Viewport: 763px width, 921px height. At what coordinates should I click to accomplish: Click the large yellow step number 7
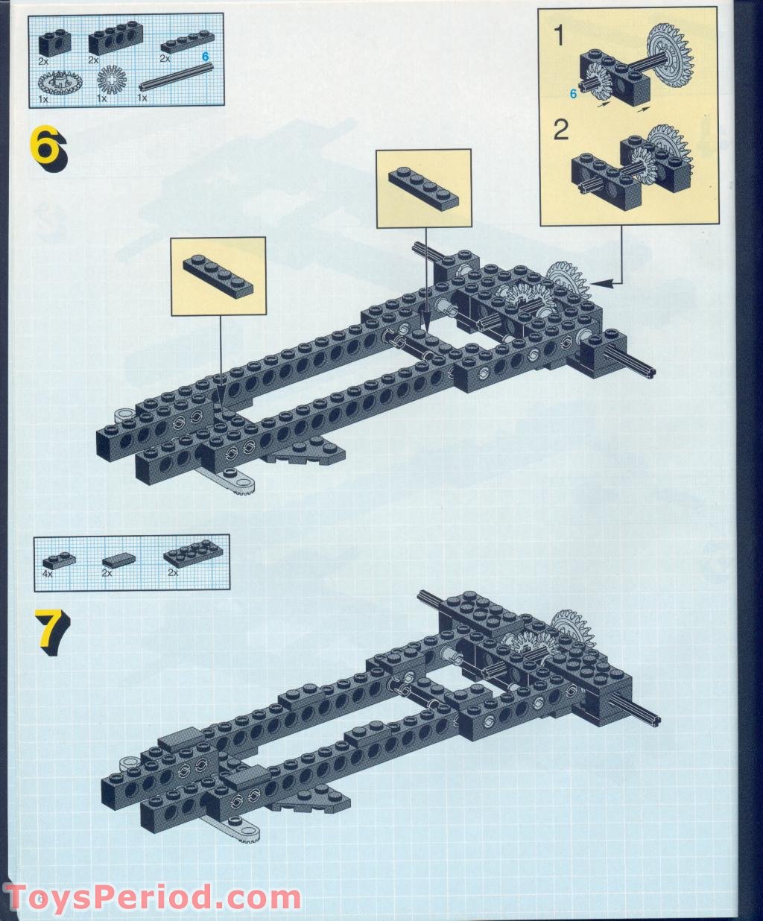pyautogui.click(x=48, y=631)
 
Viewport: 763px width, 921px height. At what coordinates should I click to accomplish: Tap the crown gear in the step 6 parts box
pyautogui.click(x=58, y=80)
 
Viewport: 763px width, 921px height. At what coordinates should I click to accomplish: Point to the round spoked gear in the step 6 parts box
pyautogui.click(x=112, y=78)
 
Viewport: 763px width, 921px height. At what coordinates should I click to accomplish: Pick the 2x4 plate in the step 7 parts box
pyautogui.click(x=186, y=556)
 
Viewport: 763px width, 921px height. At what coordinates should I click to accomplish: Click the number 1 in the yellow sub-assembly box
pyautogui.click(x=560, y=35)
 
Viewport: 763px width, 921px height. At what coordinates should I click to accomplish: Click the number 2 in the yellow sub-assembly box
pyautogui.click(x=560, y=130)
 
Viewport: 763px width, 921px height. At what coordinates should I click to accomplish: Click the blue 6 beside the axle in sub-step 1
pyautogui.click(x=573, y=93)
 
